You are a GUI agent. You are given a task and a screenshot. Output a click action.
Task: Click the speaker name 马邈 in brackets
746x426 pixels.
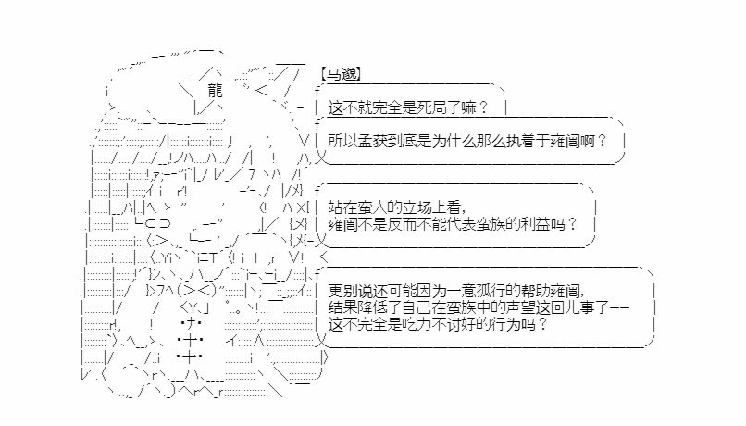point(342,74)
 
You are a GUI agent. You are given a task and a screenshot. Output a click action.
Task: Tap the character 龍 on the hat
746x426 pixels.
point(215,90)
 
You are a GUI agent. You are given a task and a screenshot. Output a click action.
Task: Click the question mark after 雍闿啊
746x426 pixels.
point(602,142)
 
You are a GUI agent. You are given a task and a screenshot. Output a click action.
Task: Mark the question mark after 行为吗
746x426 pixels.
point(542,325)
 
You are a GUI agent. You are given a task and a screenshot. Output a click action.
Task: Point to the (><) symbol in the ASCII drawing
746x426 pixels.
point(196,290)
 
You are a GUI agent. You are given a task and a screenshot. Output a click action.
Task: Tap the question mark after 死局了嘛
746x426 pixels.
point(483,108)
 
